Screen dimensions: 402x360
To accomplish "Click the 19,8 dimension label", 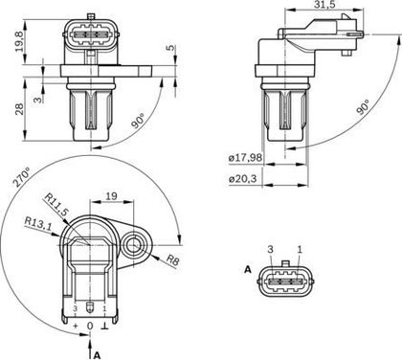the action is coord(19,41).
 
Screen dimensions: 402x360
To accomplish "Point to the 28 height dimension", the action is coord(19,109).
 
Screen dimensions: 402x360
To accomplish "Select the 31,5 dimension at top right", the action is coord(324,5).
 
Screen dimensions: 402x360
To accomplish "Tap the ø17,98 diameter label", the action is coord(246,157).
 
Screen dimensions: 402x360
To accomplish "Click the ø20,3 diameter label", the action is coord(243,179).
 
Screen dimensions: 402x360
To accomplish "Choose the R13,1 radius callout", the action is coord(38,224).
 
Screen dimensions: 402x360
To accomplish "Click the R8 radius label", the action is coord(172,260).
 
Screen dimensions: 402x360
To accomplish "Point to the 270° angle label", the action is coord(21,176).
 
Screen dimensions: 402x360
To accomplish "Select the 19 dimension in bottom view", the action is coord(111,196).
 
